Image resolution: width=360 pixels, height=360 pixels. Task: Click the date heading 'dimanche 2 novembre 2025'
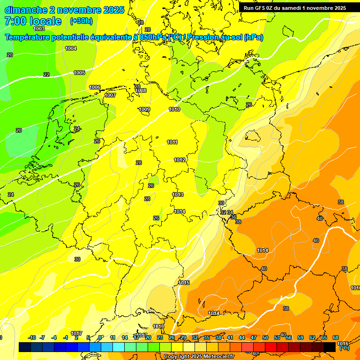[x=64, y=10]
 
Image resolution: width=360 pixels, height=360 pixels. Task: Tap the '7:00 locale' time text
[x=33, y=21]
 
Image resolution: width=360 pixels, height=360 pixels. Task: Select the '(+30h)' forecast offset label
[x=81, y=21]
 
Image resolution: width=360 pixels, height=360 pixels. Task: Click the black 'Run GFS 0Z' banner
[x=295, y=8]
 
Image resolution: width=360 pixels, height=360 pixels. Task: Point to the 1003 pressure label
[x=39, y=29]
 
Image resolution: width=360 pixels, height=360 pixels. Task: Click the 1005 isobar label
[x=79, y=73]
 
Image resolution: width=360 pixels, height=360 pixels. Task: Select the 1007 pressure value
[x=110, y=95]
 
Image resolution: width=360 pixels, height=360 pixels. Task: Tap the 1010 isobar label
[x=174, y=109]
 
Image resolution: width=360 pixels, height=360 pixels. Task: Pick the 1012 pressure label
[x=180, y=160]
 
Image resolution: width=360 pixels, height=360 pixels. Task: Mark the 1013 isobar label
[x=178, y=195]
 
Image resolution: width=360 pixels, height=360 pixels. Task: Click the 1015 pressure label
[x=184, y=283]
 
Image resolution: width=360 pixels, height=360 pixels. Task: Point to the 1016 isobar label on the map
[x=158, y=326]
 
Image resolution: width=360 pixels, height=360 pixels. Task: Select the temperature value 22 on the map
[x=46, y=75]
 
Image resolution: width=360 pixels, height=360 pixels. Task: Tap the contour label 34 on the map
[x=230, y=212]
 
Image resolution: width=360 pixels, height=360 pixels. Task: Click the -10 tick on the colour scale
[x=32, y=337]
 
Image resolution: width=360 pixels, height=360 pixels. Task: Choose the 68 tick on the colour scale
[x=336, y=337]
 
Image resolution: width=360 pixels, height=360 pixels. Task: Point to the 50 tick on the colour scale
[x=265, y=337]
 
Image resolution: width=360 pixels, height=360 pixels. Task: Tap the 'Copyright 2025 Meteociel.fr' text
[x=199, y=356]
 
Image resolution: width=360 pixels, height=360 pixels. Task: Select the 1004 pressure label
[x=71, y=48]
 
